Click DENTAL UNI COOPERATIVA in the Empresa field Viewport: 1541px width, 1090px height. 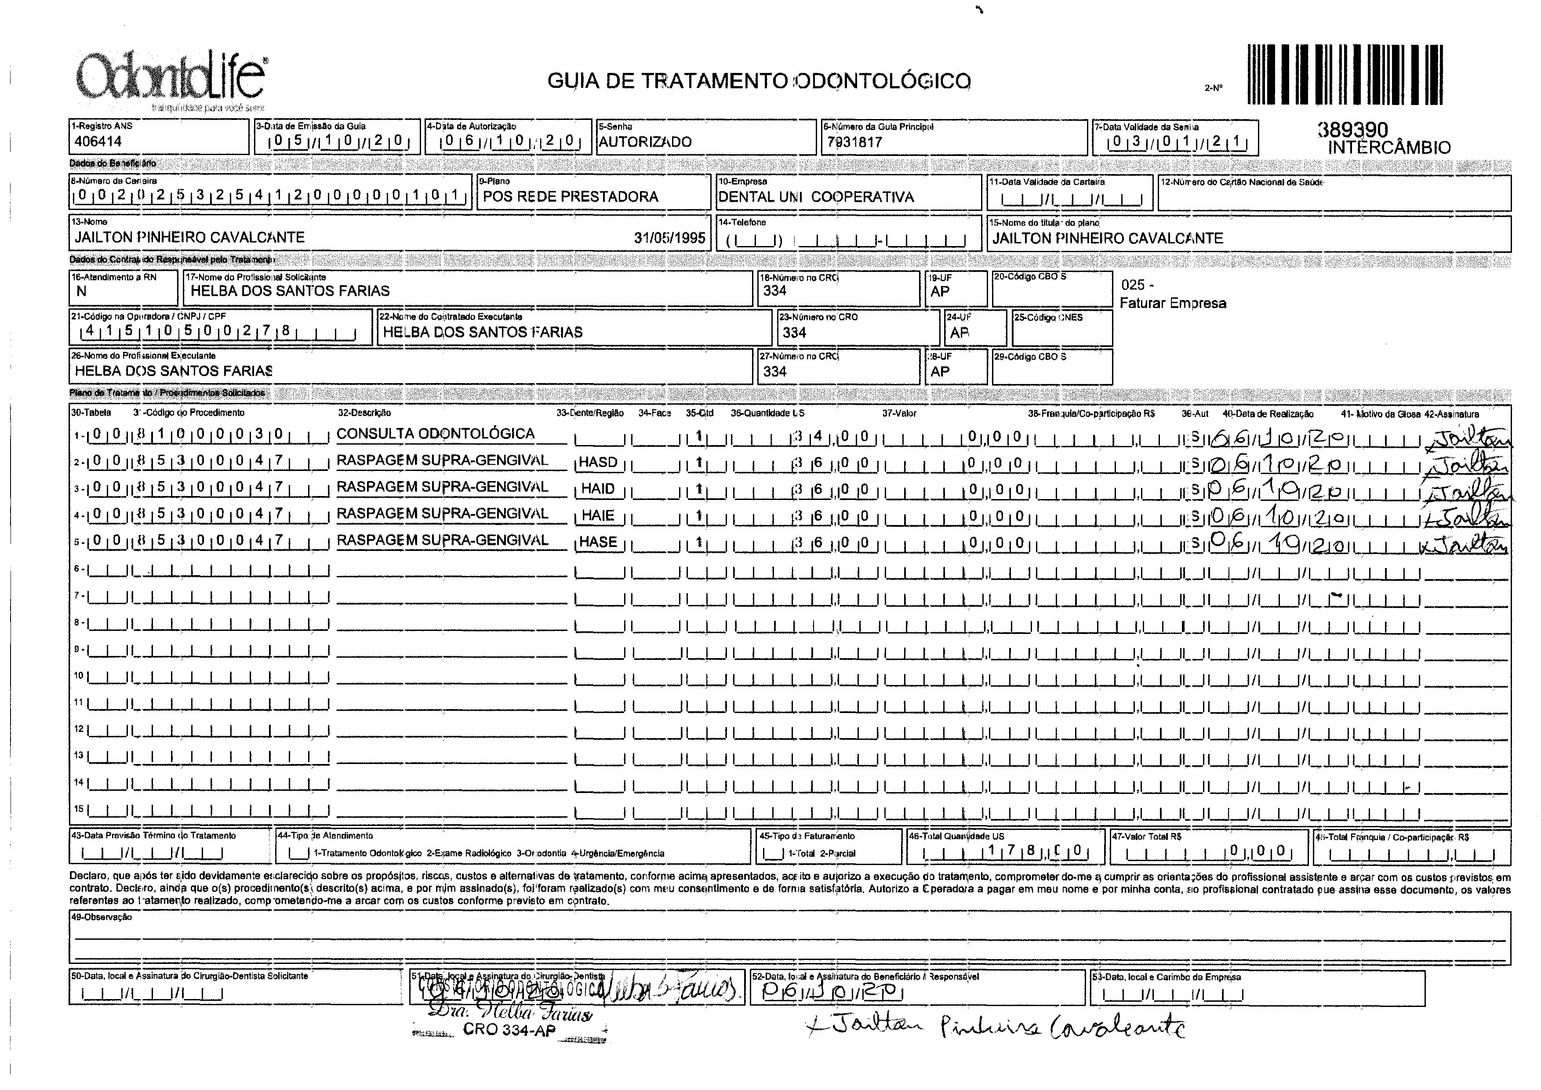[x=816, y=197]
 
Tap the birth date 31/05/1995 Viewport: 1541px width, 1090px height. [x=669, y=238]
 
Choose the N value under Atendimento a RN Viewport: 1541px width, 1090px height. [x=81, y=291]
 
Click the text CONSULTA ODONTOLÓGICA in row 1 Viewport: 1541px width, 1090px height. [x=435, y=434]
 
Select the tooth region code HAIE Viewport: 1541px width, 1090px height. [x=598, y=515]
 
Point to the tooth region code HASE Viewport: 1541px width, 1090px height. [x=598, y=542]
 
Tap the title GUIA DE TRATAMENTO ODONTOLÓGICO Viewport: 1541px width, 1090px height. [x=759, y=81]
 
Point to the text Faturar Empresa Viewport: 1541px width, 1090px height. [x=1172, y=304]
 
